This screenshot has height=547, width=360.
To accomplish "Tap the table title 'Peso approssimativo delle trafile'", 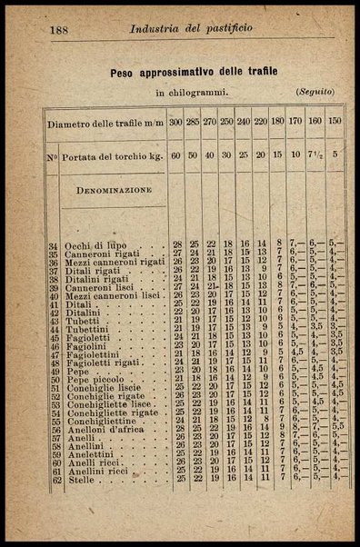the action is click(x=194, y=70).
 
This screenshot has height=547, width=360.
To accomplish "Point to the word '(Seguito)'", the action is click(x=315, y=92).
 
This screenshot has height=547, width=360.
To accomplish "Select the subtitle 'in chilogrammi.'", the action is click(x=193, y=92).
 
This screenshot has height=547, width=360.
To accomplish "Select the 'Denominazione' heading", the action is click(x=113, y=193).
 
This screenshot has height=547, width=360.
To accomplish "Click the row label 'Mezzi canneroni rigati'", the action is click(x=115, y=262).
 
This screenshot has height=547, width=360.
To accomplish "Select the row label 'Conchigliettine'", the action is click(x=101, y=420).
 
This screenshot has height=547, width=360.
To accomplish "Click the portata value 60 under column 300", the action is click(x=176, y=154).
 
